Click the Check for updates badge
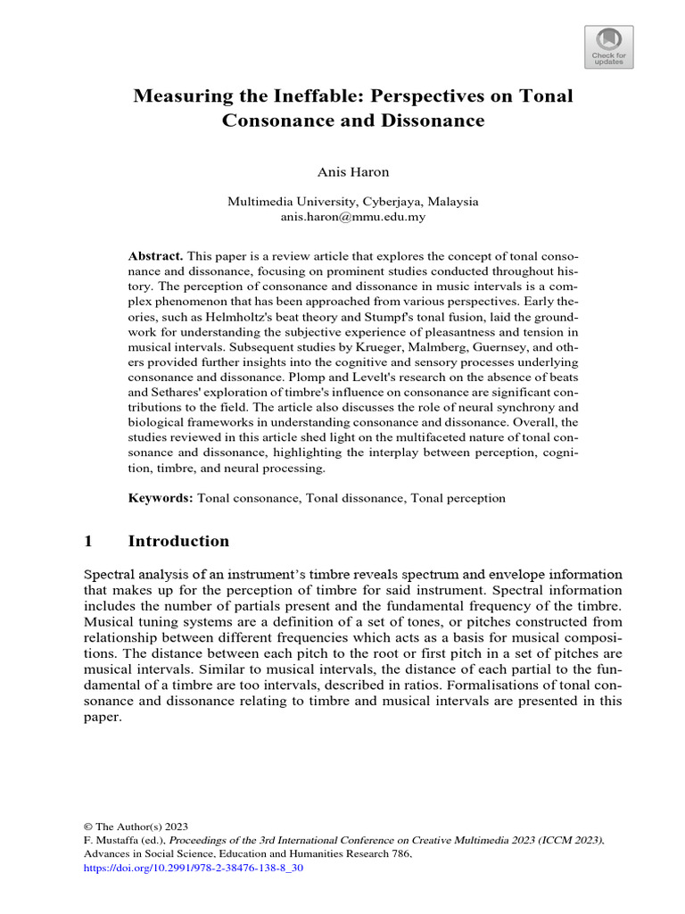pyautogui.click(x=609, y=46)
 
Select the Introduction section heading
pyautogui.click(x=178, y=541)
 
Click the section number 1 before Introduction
pyautogui.click(x=87, y=541)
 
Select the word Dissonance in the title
pyautogui.click(x=428, y=120)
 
